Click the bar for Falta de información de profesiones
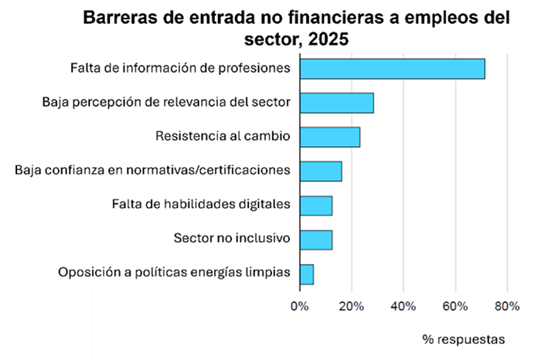392,68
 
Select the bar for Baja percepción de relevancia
336,103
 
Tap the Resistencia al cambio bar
329,137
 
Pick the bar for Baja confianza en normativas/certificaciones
320,171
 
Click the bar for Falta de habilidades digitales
315,205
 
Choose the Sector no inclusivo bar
315,239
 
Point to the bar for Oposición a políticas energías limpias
306,273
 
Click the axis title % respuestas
464,339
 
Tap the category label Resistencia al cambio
223,137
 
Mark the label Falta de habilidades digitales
201,205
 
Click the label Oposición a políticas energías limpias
175,273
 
